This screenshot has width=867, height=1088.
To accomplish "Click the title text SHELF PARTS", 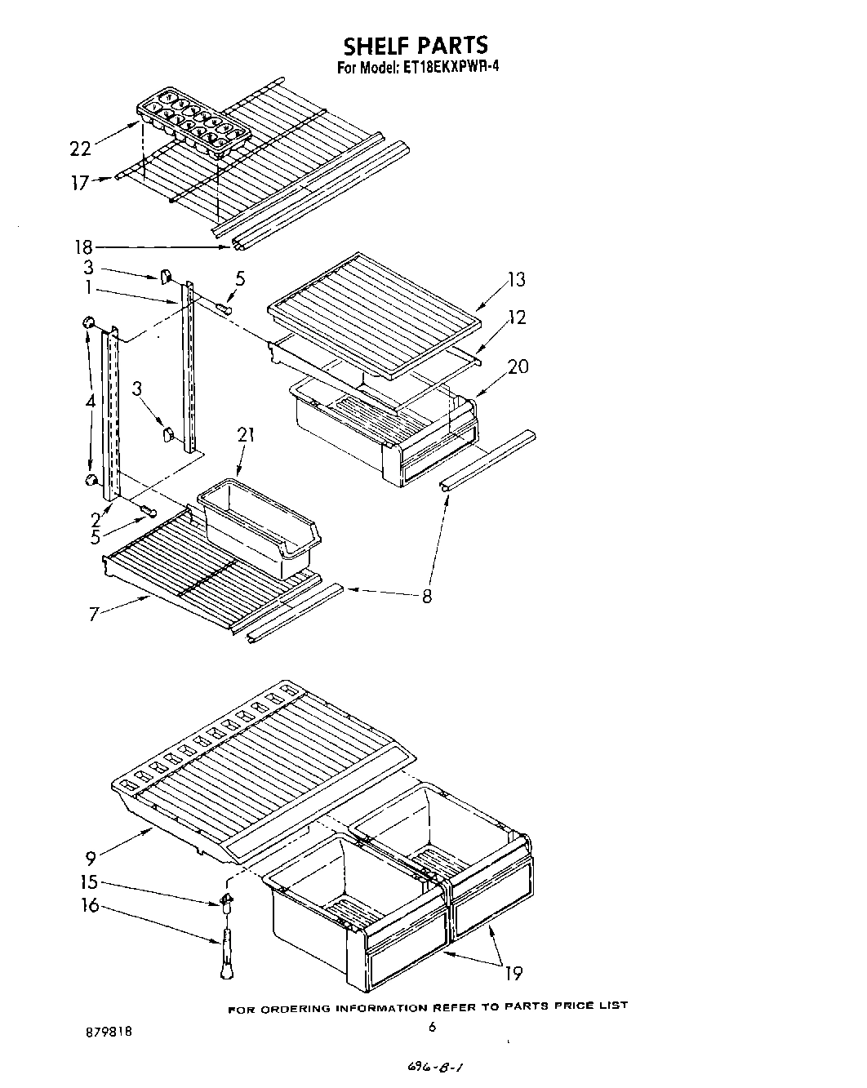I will (x=415, y=44).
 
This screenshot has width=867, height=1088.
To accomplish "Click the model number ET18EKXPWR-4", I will (x=450, y=68).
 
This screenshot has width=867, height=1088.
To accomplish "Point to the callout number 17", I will (x=79, y=184).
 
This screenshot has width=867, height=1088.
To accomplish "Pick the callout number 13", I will (x=516, y=280).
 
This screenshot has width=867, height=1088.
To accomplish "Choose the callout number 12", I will (x=517, y=318).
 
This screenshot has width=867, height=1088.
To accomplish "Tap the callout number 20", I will (x=518, y=366).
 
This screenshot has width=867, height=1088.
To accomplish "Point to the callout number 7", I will (x=95, y=614).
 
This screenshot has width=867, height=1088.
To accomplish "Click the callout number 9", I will (x=91, y=857).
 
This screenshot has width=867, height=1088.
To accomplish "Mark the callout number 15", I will (x=89, y=882).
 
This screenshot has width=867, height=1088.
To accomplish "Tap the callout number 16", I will (x=90, y=905).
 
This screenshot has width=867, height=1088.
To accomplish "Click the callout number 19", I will (x=514, y=972).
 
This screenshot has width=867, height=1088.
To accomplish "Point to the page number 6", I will (x=433, y=1028).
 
